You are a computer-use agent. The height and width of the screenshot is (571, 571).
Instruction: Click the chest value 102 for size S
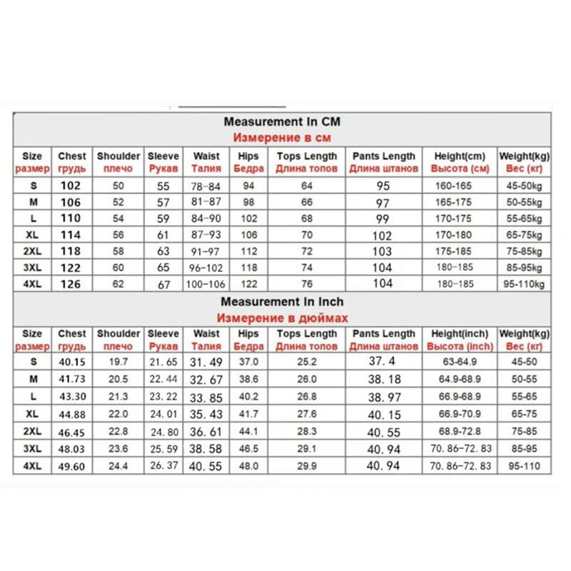[71, 186]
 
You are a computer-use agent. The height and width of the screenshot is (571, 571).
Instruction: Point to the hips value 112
[248, 251]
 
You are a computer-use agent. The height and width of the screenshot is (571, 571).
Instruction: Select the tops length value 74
[306, 268]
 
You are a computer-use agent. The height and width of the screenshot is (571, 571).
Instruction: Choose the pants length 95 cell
[383, 186]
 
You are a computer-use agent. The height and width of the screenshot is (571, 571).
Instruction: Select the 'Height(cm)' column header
[459, 156]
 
